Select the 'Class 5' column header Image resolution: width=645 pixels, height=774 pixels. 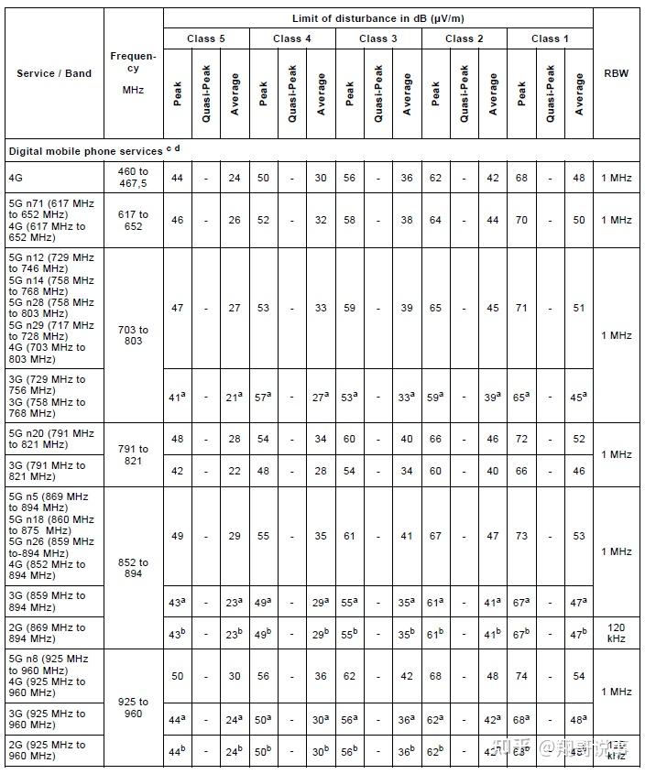(205, 38)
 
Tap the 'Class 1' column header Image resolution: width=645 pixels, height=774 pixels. (550, 38)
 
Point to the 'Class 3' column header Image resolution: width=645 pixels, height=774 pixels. (377, 38)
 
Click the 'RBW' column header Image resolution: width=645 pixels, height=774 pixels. (616, 73)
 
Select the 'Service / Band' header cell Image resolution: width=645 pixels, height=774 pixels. (54, 73)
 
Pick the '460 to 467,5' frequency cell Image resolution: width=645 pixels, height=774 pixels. (133, 178)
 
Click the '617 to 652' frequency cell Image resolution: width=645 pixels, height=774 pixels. (133, 221)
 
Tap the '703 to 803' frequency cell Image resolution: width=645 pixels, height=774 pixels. (133, 335)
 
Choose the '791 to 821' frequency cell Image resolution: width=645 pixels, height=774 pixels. (133, 455)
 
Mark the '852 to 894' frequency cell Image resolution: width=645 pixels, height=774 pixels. (133, 569)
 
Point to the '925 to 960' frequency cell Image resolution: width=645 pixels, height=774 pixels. (133, 707)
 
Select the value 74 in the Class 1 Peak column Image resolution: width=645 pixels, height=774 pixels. (521, 676)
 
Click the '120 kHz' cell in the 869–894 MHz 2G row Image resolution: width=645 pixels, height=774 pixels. (616, 632)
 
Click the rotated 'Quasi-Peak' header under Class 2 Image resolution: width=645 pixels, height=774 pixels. (465, 93)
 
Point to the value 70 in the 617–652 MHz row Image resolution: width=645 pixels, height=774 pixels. (521, 221)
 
